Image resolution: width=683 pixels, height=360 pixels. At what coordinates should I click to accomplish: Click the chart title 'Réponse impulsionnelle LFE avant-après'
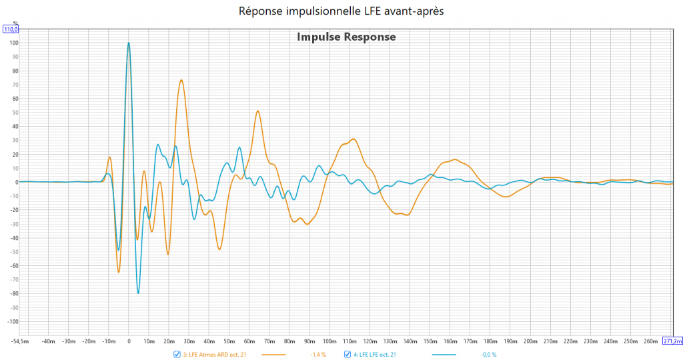[x=341, y=11]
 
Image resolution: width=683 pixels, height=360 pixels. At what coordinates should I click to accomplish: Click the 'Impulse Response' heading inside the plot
[x=346, y=37]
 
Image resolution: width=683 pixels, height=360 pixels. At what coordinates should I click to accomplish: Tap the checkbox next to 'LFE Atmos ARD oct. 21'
[x=177, y=354]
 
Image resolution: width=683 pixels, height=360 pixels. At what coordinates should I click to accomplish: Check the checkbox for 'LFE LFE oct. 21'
[x=348, y=354]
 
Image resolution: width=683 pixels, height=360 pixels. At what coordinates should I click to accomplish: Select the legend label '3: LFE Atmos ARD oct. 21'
[x=214, y=354]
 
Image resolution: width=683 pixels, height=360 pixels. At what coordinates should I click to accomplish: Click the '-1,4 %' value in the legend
[x=318, y=354]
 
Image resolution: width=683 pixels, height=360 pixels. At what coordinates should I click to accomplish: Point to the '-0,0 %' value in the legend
[x=489, y=354]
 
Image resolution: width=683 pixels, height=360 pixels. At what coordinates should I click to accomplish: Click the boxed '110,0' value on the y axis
[x=11, y=29]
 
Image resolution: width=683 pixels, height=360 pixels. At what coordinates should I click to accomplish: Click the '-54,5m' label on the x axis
[x=21, y=341]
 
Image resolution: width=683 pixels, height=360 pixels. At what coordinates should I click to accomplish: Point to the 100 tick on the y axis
[x=11, y=43]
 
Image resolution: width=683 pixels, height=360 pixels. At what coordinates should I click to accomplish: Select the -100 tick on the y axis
[x=10, y=321]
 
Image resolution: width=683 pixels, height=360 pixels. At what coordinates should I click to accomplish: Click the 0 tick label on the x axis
[x=129, y=341]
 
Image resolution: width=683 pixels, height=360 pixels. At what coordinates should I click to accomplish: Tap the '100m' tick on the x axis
[x=329, y=341]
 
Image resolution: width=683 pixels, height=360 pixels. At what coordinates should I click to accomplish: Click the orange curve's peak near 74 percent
[x=181, y=80]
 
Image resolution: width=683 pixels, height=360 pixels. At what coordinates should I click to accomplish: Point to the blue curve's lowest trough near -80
[x=139, y=293]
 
